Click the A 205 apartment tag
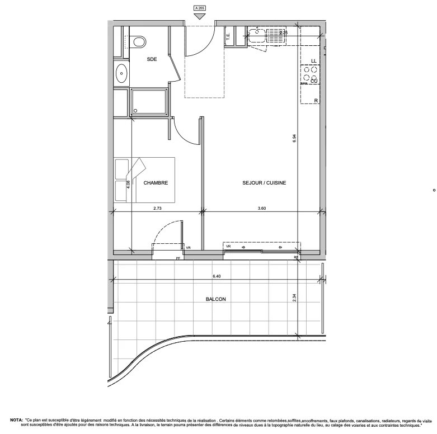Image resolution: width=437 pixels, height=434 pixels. point(199,8)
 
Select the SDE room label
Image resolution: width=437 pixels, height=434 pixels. point(152,59)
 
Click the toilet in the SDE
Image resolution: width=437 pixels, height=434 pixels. point(139,42)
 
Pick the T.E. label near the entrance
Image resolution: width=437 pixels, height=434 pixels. point(228,37)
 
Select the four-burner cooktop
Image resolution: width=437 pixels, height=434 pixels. point(312,74)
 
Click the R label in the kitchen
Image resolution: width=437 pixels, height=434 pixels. point(316,100)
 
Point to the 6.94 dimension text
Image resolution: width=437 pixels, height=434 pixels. point(294,139)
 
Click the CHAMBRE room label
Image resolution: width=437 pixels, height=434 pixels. point(156,183)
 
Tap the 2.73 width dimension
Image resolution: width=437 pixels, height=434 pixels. point(158,208)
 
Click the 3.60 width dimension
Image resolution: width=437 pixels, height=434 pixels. point(261,208)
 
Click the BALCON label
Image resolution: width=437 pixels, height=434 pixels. point(215,300)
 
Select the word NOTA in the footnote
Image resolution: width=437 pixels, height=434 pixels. point(16,419)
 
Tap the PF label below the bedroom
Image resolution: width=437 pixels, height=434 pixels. point(178,258)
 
